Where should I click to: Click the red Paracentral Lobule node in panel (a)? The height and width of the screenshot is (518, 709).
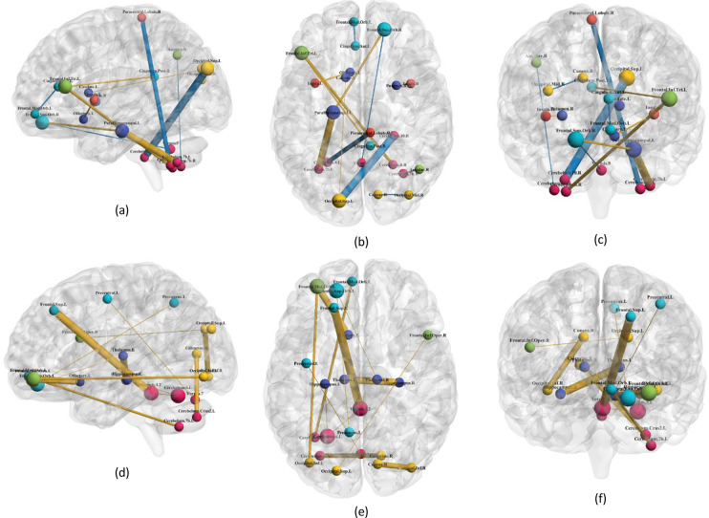point(140,18)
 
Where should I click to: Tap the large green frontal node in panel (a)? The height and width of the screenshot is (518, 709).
point(65,86)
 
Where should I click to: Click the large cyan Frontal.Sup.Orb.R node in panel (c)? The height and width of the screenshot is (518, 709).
point(578,140)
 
